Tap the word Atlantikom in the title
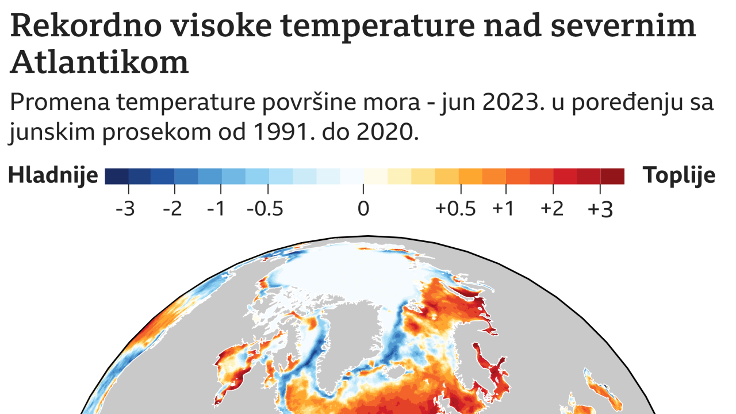tap(99, 62)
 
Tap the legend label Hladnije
tap(53, 176)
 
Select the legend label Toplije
tap(679, 175)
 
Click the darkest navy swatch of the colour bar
tap(117, 176)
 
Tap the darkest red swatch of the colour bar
tap(612, 176)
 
